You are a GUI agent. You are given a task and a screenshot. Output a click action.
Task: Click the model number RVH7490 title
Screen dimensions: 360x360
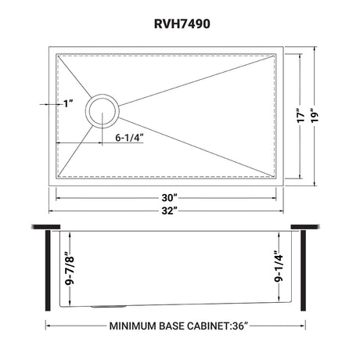click(182, 24)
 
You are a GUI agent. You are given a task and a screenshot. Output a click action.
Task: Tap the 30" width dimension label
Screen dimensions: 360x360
click(170, 198)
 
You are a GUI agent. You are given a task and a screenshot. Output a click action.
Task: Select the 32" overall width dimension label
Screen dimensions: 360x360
click(170, 211)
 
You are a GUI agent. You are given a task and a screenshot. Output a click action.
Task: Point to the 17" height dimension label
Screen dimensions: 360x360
click(301, 115)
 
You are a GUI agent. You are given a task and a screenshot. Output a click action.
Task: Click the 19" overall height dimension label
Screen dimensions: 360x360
click(315, 115)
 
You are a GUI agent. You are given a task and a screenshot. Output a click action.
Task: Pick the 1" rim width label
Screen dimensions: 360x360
click(68, 103)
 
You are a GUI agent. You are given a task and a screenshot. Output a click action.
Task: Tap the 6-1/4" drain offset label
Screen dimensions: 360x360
click(130, 138)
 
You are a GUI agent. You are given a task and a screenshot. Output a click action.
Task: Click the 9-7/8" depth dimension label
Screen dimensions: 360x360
click(70, 268)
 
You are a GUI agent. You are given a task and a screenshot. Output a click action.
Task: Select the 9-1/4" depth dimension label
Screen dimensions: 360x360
click(279, 266)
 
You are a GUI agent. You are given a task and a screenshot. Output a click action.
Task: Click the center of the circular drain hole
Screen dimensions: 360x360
click(103, 111)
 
